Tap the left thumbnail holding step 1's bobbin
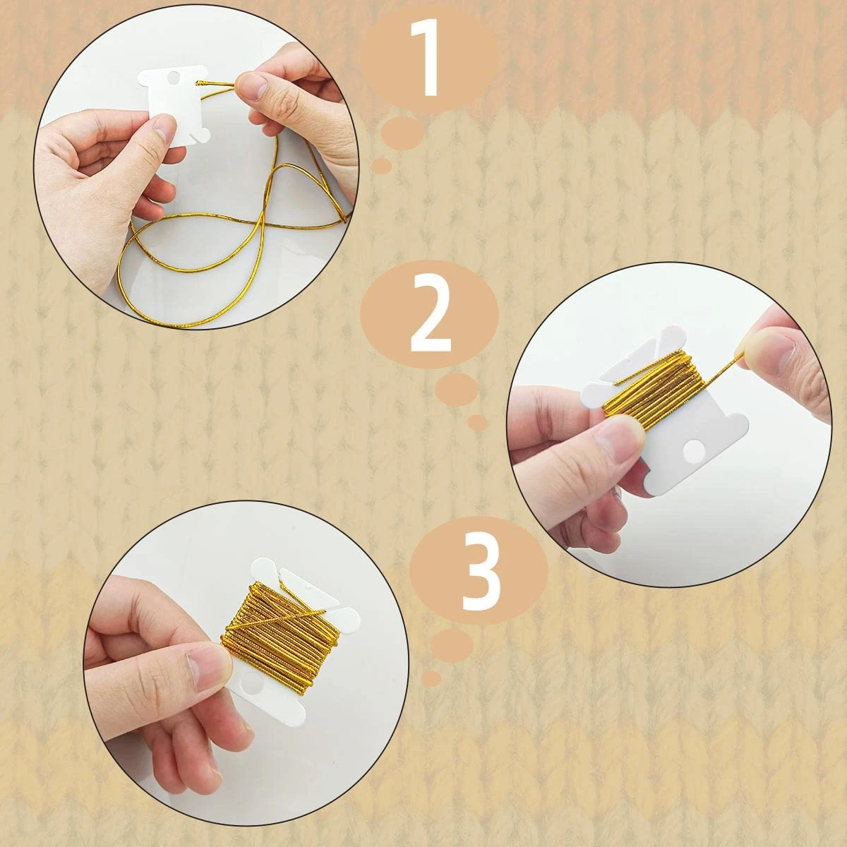pyautogui.click(x=164, y=129)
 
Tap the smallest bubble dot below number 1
pyautogui.click(x=382, y=166)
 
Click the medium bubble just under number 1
pyautogui.click(x=402, y=132)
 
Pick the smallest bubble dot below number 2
pyautogui.click(x=478, y=422)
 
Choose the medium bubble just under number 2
pyautogui.click(x=456, y=390)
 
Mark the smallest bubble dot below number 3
pyautogui.click(x=431, y=678)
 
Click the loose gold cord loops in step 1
pyautogui.click(x=212, y=240)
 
